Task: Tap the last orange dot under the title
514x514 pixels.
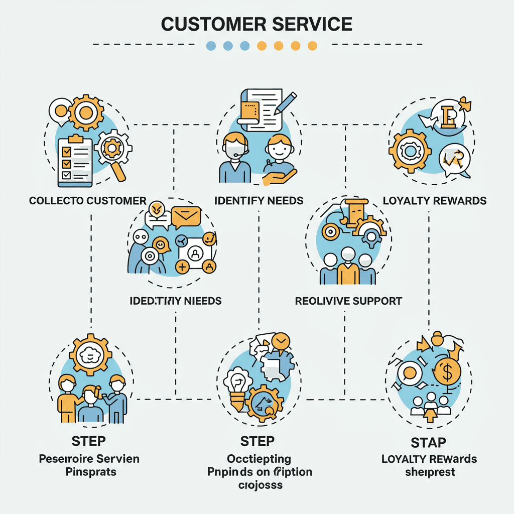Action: pyautogui.click(x=312, y=46)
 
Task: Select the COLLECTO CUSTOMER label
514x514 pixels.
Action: pyautogui.click(x=87, y=201)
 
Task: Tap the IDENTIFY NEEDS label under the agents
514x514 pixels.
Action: pyautogui.click(x=259, y=201)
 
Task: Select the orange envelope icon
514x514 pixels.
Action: pyautogui.click(x=186, y=217)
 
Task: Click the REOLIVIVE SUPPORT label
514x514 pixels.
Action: pyautogui.click(x=348, y=301)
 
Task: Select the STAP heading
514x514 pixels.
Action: pyautogui.click(x=428, y=443)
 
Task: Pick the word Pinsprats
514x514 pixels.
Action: pyautogui.click(x=90, y=472)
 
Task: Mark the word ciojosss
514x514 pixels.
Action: pyautogui.click(x=259, y=485)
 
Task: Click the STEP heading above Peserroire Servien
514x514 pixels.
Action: pyautogui.click(x=89, y=441)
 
